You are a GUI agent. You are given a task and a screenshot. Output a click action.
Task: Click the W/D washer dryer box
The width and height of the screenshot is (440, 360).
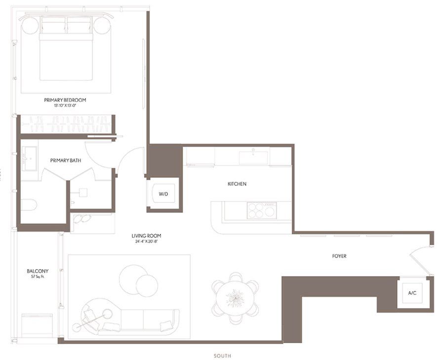[x=163, y=194]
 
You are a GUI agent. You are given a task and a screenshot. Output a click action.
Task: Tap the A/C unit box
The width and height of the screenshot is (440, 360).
[x=412, y=293]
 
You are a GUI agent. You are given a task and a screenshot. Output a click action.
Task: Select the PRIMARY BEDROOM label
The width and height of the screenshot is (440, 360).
[x=68, y=100]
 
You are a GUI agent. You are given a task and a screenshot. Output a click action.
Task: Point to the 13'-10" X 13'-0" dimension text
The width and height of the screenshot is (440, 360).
[x=68, y=106]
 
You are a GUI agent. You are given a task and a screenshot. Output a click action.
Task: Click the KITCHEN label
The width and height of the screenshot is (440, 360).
[x=237, y=184]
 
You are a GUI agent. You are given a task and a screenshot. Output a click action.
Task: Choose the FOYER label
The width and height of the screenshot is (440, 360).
[x=339, y=256]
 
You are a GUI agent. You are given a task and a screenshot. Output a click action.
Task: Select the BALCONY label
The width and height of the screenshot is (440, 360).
[x=38, y=271]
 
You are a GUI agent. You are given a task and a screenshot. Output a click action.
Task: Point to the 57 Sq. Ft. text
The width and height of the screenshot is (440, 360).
[x=38, y=277]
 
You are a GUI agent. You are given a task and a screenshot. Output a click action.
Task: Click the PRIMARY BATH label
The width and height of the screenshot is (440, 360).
[x=66, y=160]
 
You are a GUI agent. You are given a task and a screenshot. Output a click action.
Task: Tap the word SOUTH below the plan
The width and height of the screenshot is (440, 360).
[x=223, y=356]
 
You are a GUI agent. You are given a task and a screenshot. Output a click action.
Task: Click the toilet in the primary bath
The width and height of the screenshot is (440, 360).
[x=29, y=204]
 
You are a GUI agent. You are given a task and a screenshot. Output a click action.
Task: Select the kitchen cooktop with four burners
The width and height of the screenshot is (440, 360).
[x=261, y=211]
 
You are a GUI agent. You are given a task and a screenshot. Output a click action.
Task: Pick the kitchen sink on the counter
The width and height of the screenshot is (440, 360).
[x=253, y=158]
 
